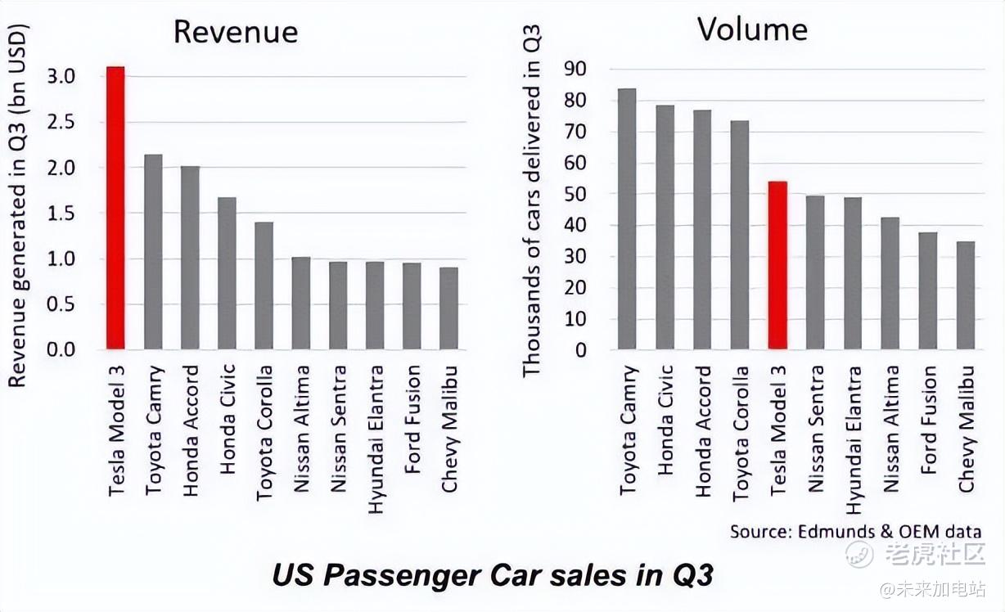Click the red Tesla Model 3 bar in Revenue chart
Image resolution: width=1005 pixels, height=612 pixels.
coord(115,208)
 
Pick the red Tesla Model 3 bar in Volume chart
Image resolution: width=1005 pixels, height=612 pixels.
coord(777,266)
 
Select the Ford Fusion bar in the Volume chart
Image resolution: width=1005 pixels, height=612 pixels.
coord(927,291)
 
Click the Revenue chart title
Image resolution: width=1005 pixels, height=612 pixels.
coord(236,32)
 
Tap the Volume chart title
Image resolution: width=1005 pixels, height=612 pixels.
coord(751,29)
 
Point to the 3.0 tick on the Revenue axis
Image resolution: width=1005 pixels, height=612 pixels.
coord(62,76)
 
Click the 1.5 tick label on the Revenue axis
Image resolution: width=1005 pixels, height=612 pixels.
coord(62,213)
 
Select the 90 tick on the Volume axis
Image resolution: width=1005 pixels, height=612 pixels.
coord(576,69)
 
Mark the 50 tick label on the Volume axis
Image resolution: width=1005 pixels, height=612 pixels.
coord(576,194)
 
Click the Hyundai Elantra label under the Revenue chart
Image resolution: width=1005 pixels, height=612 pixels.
coord(376,439)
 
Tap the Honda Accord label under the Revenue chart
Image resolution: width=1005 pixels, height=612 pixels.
coord(191,430)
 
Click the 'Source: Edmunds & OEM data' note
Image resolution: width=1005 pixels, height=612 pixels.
coord(855,530)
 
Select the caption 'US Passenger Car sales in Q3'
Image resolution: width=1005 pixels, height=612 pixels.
coord(492,575)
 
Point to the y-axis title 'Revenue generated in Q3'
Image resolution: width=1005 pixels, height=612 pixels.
coord(19,205)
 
